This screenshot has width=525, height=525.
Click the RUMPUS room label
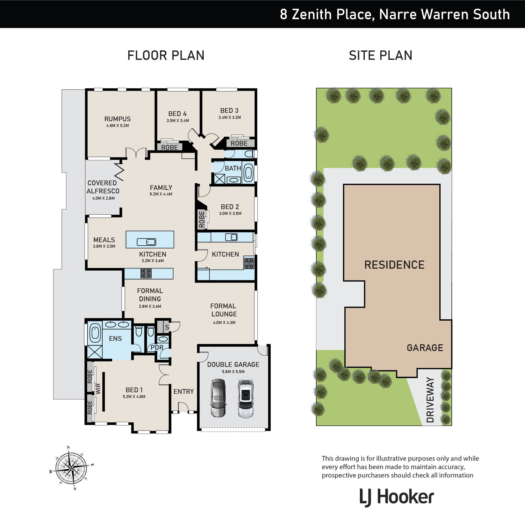click(x=117, y=119)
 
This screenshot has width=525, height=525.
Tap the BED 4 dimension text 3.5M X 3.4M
click(x=178, y=121)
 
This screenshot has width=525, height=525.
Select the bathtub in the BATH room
click(x=248, y=172)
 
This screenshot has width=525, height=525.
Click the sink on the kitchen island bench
click(x=146, y=242)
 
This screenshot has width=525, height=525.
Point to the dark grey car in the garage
click(x=218, y=398)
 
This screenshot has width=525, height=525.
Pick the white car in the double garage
click(x=246, y=398)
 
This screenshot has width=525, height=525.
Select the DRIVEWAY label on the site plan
click(x=430, y=399)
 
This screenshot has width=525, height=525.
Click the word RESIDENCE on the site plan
click(x=394, y=265)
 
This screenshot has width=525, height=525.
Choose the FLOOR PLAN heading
click(x=166, y=55)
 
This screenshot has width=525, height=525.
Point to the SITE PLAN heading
click(x=380, y=55)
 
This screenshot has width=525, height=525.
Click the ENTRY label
click(x=183, y=391)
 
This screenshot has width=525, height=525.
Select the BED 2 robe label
click(x=201, y=219)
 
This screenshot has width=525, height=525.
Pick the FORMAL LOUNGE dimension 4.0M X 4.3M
click(x=224, y=322)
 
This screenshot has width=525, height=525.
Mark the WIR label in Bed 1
click(x=98, y=389)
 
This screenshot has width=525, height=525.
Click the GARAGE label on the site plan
click(x=425, y=348)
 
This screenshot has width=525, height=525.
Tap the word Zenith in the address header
click(x=312, y=14)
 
